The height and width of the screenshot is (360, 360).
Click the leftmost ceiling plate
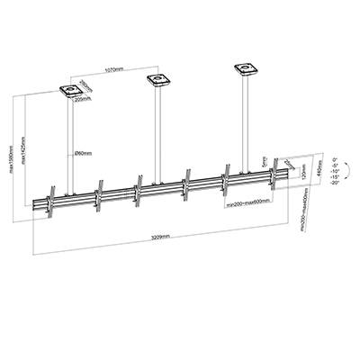[x=69, y=90]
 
